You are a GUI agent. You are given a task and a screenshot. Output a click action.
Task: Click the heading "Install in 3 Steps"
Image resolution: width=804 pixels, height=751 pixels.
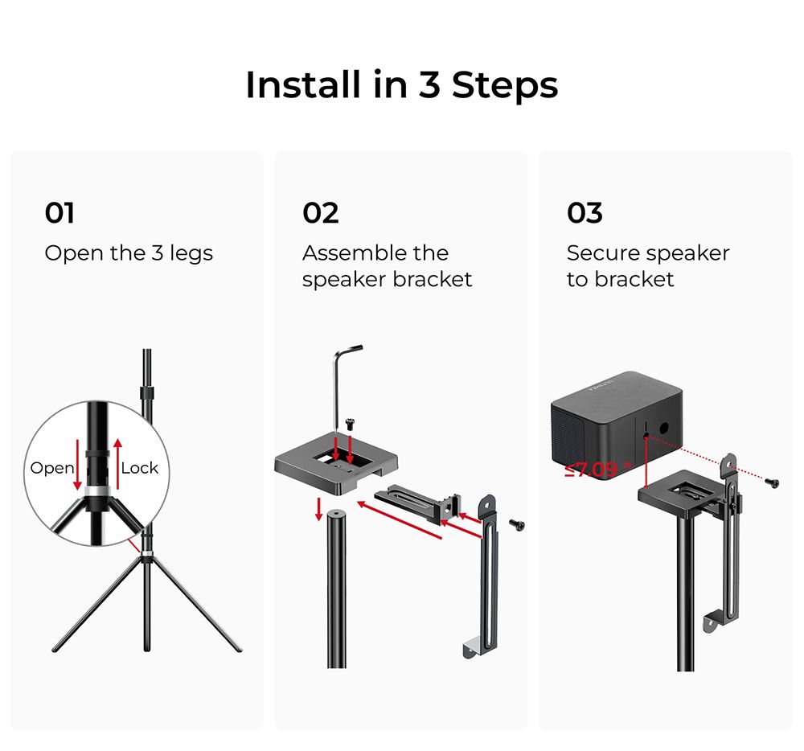pos(401,85)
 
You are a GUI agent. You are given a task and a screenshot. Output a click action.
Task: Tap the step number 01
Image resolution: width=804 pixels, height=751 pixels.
pos(60,213)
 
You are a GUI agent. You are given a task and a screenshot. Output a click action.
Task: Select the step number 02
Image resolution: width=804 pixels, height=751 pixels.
pos(320,213)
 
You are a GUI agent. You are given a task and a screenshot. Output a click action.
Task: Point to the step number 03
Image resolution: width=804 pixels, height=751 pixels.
pos(585,213)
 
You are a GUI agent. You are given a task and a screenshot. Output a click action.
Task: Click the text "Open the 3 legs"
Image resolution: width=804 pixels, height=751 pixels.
pos(129,253)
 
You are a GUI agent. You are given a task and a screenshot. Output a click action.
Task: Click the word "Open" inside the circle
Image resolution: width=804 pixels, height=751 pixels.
pos(51,468)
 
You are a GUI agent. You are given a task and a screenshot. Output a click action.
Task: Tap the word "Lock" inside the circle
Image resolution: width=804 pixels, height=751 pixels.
pos(139,468)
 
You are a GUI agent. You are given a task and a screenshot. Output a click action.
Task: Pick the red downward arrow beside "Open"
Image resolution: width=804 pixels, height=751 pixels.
pos(78,466)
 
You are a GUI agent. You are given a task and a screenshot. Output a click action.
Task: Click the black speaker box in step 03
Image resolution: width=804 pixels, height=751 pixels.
pos(615,418)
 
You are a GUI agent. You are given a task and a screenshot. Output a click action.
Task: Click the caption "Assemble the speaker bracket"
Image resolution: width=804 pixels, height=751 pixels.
pos(387,266)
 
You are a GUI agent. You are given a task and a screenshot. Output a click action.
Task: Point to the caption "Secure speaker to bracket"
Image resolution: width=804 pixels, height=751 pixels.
pos(647,266)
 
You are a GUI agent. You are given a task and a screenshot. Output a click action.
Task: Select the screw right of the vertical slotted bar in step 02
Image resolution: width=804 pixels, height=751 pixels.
pos(517,524)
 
